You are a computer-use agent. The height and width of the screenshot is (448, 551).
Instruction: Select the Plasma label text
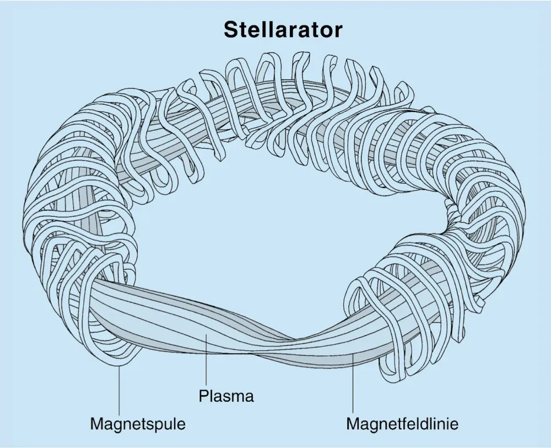[x=226, y=396]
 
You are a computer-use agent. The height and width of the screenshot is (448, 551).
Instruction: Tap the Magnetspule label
[x=138, y=424]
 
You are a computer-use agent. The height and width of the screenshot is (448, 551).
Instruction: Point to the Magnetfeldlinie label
[x=402, y=424]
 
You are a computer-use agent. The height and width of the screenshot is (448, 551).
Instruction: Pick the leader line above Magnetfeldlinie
[x=352, y=386]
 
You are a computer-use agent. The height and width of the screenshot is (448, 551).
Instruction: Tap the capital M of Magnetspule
[x=97, y=424]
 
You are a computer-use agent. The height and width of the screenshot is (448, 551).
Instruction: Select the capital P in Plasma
[x=202, y=396]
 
